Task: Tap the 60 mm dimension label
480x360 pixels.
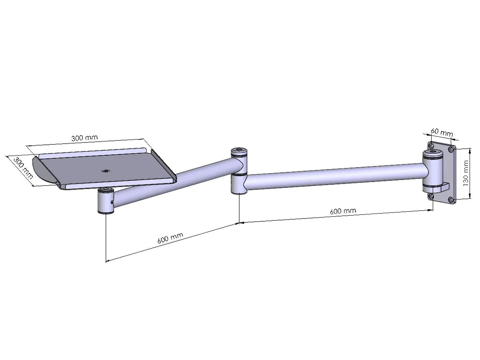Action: (x=442, y=132)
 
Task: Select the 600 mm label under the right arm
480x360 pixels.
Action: (x=343, y=211)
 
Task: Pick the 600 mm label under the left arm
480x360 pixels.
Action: (x=170, y=238)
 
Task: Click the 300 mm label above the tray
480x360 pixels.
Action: (x=84, y=138)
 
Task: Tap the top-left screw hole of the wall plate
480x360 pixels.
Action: (x=431, y=145)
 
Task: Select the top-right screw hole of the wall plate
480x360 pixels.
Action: (x=451, y=149)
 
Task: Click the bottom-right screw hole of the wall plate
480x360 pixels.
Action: (x=451, y=199)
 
